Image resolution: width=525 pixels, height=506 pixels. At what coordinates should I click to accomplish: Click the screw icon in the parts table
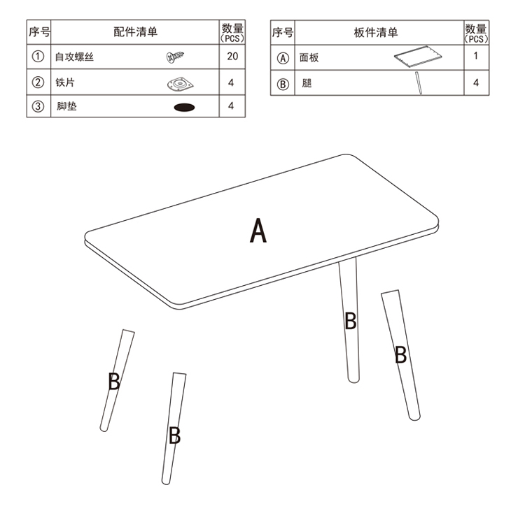pos(175,57)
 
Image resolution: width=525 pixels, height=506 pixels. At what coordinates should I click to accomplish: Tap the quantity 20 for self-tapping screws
pos(232,56)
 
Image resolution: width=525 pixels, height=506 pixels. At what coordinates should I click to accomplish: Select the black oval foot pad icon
pos(184,108)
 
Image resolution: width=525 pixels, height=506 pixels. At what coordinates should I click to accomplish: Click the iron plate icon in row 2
pos(181,84)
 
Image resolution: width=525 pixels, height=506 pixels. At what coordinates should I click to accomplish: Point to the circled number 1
pos(38,56)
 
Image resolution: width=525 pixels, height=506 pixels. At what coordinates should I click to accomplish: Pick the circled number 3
pos(38,106)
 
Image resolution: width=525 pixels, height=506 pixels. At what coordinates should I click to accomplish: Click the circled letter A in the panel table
pos(283,58)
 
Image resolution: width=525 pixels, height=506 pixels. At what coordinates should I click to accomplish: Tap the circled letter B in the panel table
pos(283,84)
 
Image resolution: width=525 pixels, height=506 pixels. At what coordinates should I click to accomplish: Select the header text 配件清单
pos(135,32)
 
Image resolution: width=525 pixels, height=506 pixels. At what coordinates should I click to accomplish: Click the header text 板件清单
pos(376,32)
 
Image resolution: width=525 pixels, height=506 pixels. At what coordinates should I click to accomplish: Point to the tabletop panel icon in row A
pos(418,57)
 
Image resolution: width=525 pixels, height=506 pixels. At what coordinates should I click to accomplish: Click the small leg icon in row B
pos(419,83)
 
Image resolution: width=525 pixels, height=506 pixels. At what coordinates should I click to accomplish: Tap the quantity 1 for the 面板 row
pos(475,56)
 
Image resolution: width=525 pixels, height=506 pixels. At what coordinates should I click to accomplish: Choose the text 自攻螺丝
pos(74,57)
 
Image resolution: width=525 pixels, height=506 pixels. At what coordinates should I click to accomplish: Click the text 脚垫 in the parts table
pos(66,106)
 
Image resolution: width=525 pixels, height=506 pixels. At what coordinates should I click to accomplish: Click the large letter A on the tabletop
pos(258,230)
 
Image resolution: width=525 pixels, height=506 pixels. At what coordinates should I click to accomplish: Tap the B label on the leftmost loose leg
pos(114,382)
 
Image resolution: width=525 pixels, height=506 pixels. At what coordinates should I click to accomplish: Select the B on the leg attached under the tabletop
pos(350,321)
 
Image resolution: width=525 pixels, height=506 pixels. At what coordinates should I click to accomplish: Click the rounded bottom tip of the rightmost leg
pos(415,417)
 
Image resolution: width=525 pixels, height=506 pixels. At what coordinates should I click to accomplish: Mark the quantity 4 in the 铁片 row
pos(231,82)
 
